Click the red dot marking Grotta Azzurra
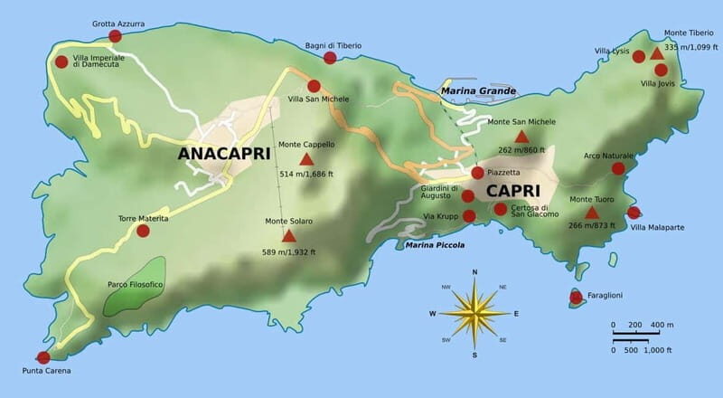tap(115, 36)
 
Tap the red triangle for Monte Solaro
tap(289, 236)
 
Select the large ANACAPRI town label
tap(224, 154)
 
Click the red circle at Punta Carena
tap(42, 357)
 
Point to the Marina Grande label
tap(478, 91)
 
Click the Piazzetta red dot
tap(477, 173)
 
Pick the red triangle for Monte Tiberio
tap(657, 53)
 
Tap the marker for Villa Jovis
tap(661, 70)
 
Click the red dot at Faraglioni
tap(576, 297)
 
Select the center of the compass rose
tap(474, 313)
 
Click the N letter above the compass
tap(474, 271)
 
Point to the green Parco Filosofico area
tap(136, 286)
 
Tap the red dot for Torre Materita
tap(143, 231)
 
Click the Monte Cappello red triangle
tap(306, 160)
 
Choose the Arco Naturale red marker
tap(618, 168)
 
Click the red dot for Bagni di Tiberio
tap(330, 58)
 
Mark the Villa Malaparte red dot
tap(634, 213)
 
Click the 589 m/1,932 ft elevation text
tap(289, 252)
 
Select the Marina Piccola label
tap(435, 245)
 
